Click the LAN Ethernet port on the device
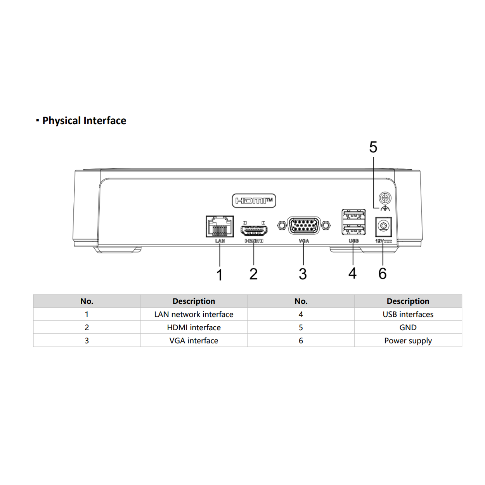coord(220,226)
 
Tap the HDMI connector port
coord(254,230)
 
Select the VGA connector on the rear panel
coord(304,226)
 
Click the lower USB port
coord(353,230)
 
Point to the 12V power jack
coord(383,226)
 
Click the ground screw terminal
coord(385,198)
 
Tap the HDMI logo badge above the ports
coord(254,201)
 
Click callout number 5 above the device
coord(373,147)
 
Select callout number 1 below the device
coord(220,275)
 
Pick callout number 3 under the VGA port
coord(303,274)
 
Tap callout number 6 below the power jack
coord(383,274)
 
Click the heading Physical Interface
coord(84,121)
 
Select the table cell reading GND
coord(408,327)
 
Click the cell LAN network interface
coord(194,314)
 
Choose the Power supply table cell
coord(408,341)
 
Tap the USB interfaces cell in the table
coord(408,314)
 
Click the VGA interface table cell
coord(194,341)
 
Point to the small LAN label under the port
coord(220,241)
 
